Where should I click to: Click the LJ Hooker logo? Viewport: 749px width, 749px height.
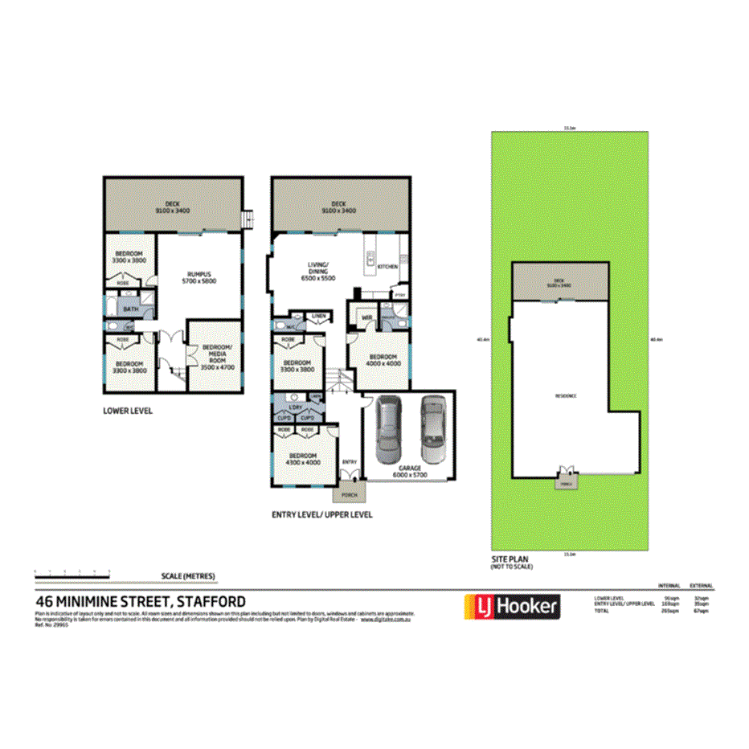(511, 607)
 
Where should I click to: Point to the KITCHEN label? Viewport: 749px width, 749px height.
(387, 266)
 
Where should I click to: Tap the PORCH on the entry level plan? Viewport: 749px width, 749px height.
(350, 495)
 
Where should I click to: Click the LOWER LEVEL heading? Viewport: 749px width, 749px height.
(128, 410)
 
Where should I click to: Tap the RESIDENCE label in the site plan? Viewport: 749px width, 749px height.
(566, 395)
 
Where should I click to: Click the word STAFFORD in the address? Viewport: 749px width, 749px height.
(211, 600)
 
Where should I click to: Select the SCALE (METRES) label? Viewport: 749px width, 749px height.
(188, 576)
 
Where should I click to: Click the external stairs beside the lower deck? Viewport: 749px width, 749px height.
(248, 218)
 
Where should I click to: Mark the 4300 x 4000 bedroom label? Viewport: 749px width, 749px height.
(302, 459)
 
